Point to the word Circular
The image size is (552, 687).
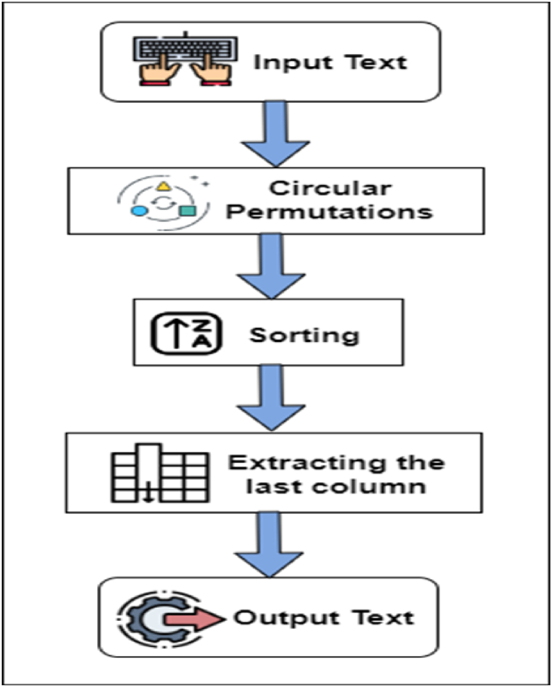tap(330, 188)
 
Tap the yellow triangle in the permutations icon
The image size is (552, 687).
tap(164, 187)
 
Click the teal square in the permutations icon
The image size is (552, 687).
tap(188, 211)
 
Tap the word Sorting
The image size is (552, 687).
tap(304, 335)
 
